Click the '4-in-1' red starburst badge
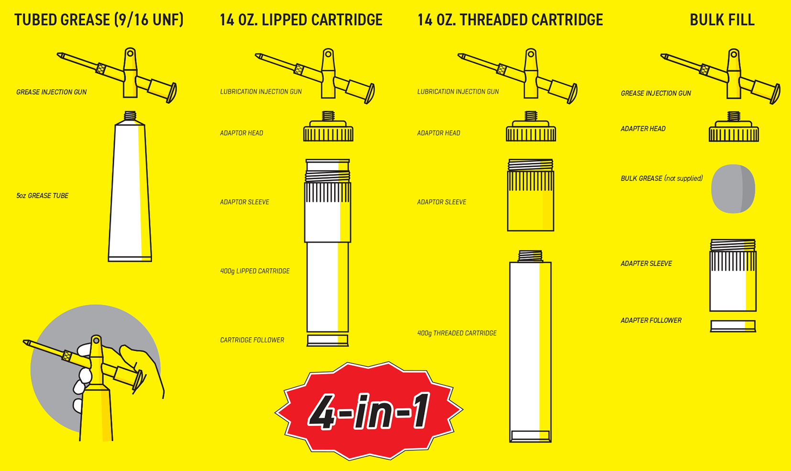pos(368,411)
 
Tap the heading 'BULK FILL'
pos(722,20)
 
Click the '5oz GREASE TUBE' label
pos(42,196)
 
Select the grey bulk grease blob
pos(733,189)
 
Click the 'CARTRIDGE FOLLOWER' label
pos(252,340)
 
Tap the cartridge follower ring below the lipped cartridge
pos(328,340)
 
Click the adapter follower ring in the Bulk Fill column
pos(733,326)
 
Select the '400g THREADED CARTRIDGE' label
pos(457,333)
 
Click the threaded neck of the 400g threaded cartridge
pos(530,256)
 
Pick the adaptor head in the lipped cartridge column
pos(328,129)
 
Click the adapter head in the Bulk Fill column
pos(734,129)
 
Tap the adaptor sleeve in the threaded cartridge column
pos(530,196)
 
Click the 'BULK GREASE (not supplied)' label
pos(661,179)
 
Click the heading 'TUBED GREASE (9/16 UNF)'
pos(99,20)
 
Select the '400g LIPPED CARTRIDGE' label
pos(254,271)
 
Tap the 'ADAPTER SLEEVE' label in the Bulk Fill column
pos(646,264)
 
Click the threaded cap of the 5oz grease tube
pos(130,116)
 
